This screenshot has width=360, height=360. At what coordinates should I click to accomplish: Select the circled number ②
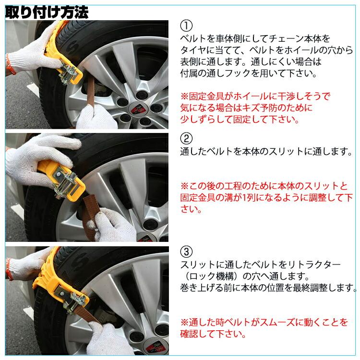(187, 139)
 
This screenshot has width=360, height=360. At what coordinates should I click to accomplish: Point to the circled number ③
(187, 252)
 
